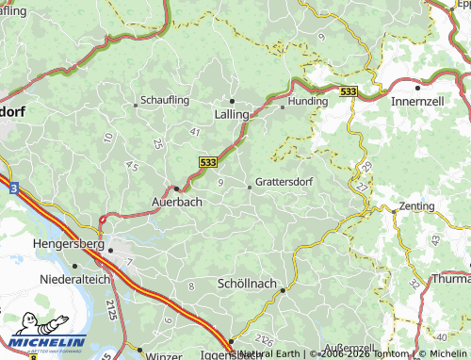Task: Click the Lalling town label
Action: [x=232, y=113]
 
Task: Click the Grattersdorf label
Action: [x=284, y=181]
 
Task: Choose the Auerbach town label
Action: [x=176, y=202]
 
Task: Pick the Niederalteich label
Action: [x=76, y=280]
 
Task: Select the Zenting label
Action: [x=416, y=205]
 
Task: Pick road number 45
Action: [x=130, y=166]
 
